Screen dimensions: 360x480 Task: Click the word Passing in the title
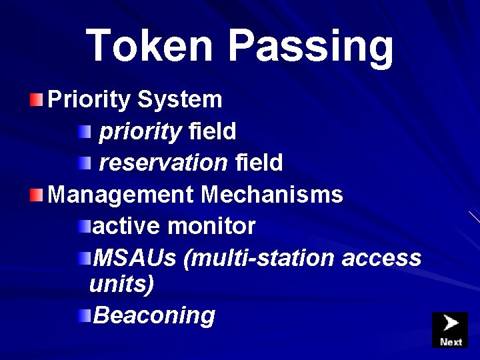coord(311,45)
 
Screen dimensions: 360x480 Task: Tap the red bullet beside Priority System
coord(37,100)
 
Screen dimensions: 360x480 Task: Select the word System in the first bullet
coord(180,100)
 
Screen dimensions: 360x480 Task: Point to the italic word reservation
coord(164,162)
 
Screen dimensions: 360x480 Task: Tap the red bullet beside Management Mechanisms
coord(37,195)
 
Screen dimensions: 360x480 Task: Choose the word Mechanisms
coord(272,195)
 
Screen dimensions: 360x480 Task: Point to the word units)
coord(121,285)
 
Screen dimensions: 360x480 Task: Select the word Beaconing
coord(155,315)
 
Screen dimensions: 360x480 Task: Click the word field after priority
coord(212,132)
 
